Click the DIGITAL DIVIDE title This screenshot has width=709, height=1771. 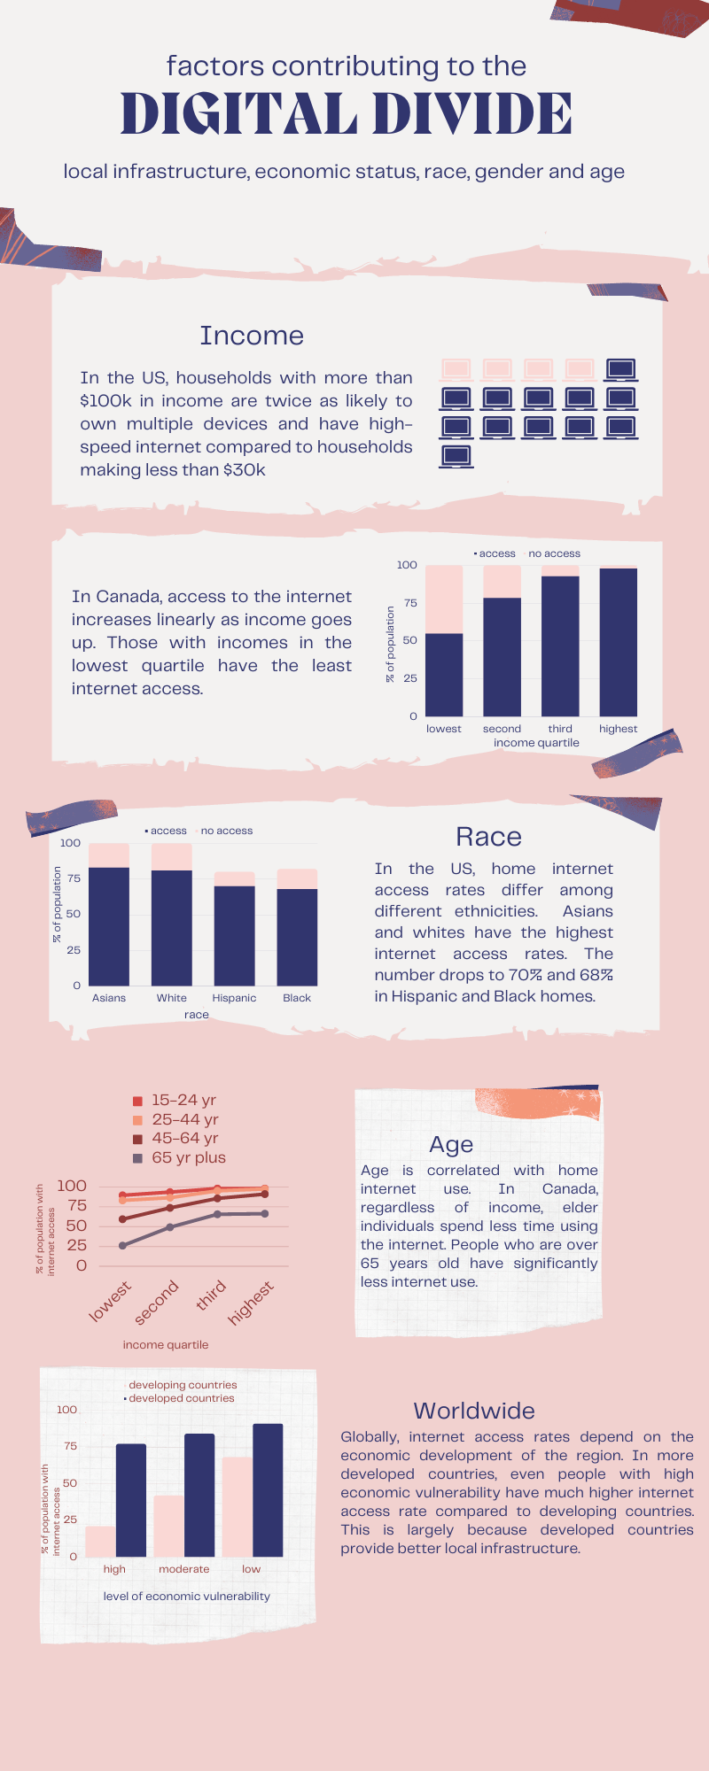click(x=347, y=114)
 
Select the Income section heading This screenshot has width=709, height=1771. click(x=252, y=336)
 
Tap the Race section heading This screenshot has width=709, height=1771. click(x=488, y=837)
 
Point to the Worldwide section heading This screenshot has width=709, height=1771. click(x=474, y=1411)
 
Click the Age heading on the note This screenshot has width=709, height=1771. click(x=451, y=1146)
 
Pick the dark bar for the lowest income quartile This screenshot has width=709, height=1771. click(x=444, y=675)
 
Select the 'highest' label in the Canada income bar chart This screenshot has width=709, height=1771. click(x=618, y=729)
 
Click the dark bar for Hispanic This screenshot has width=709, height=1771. click(x=234, y=936)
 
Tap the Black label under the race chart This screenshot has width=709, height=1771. click(x=297, y=998)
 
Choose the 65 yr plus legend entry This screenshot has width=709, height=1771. click(x=180, y=1158)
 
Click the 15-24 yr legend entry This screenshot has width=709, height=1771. click(x=175, y=1101)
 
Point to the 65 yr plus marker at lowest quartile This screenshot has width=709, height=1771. click(x=122, y=1246)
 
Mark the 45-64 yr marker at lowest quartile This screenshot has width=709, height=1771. click(x=122, y=1219)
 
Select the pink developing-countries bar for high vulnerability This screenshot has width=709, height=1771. click(x=100, y=1542)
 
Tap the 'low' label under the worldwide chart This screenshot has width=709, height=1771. click(x=252, y=1569)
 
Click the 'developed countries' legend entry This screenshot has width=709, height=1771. click(x=179, y=1398)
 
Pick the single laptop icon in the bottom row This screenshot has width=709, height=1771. click(x=456, y=456)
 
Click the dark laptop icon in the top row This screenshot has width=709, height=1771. click(x=620, y=369)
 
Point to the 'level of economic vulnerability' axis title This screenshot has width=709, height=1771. click(x=187, y=1596)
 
